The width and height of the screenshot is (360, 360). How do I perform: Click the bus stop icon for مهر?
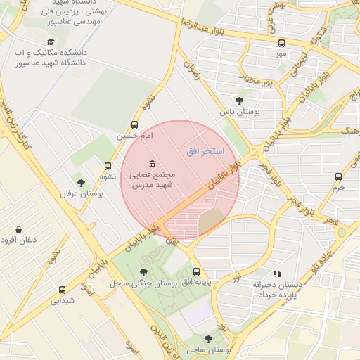click(x=281, y=42)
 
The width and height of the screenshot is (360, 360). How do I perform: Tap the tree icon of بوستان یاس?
click(x=239, y=101)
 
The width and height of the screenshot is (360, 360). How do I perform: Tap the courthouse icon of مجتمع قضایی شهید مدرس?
click(x=152, y=164)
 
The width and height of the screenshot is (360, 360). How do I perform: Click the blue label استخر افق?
click(x=205, y=151)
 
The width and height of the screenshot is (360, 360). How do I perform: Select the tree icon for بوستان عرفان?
click(x=81, y=183)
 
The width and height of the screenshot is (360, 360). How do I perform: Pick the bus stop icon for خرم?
click(x=340, y=177)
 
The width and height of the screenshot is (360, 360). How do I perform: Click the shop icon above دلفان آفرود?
click(x=18, y=229)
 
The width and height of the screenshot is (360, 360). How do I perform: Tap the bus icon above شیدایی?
click(x=62, y=289)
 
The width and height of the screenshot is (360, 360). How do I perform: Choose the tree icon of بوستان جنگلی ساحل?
click(x=143, y=272)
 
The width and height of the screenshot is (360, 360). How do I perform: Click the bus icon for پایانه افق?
click(x=196, y=271)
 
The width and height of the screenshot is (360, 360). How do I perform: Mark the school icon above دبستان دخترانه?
click(x=277, y=274)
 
